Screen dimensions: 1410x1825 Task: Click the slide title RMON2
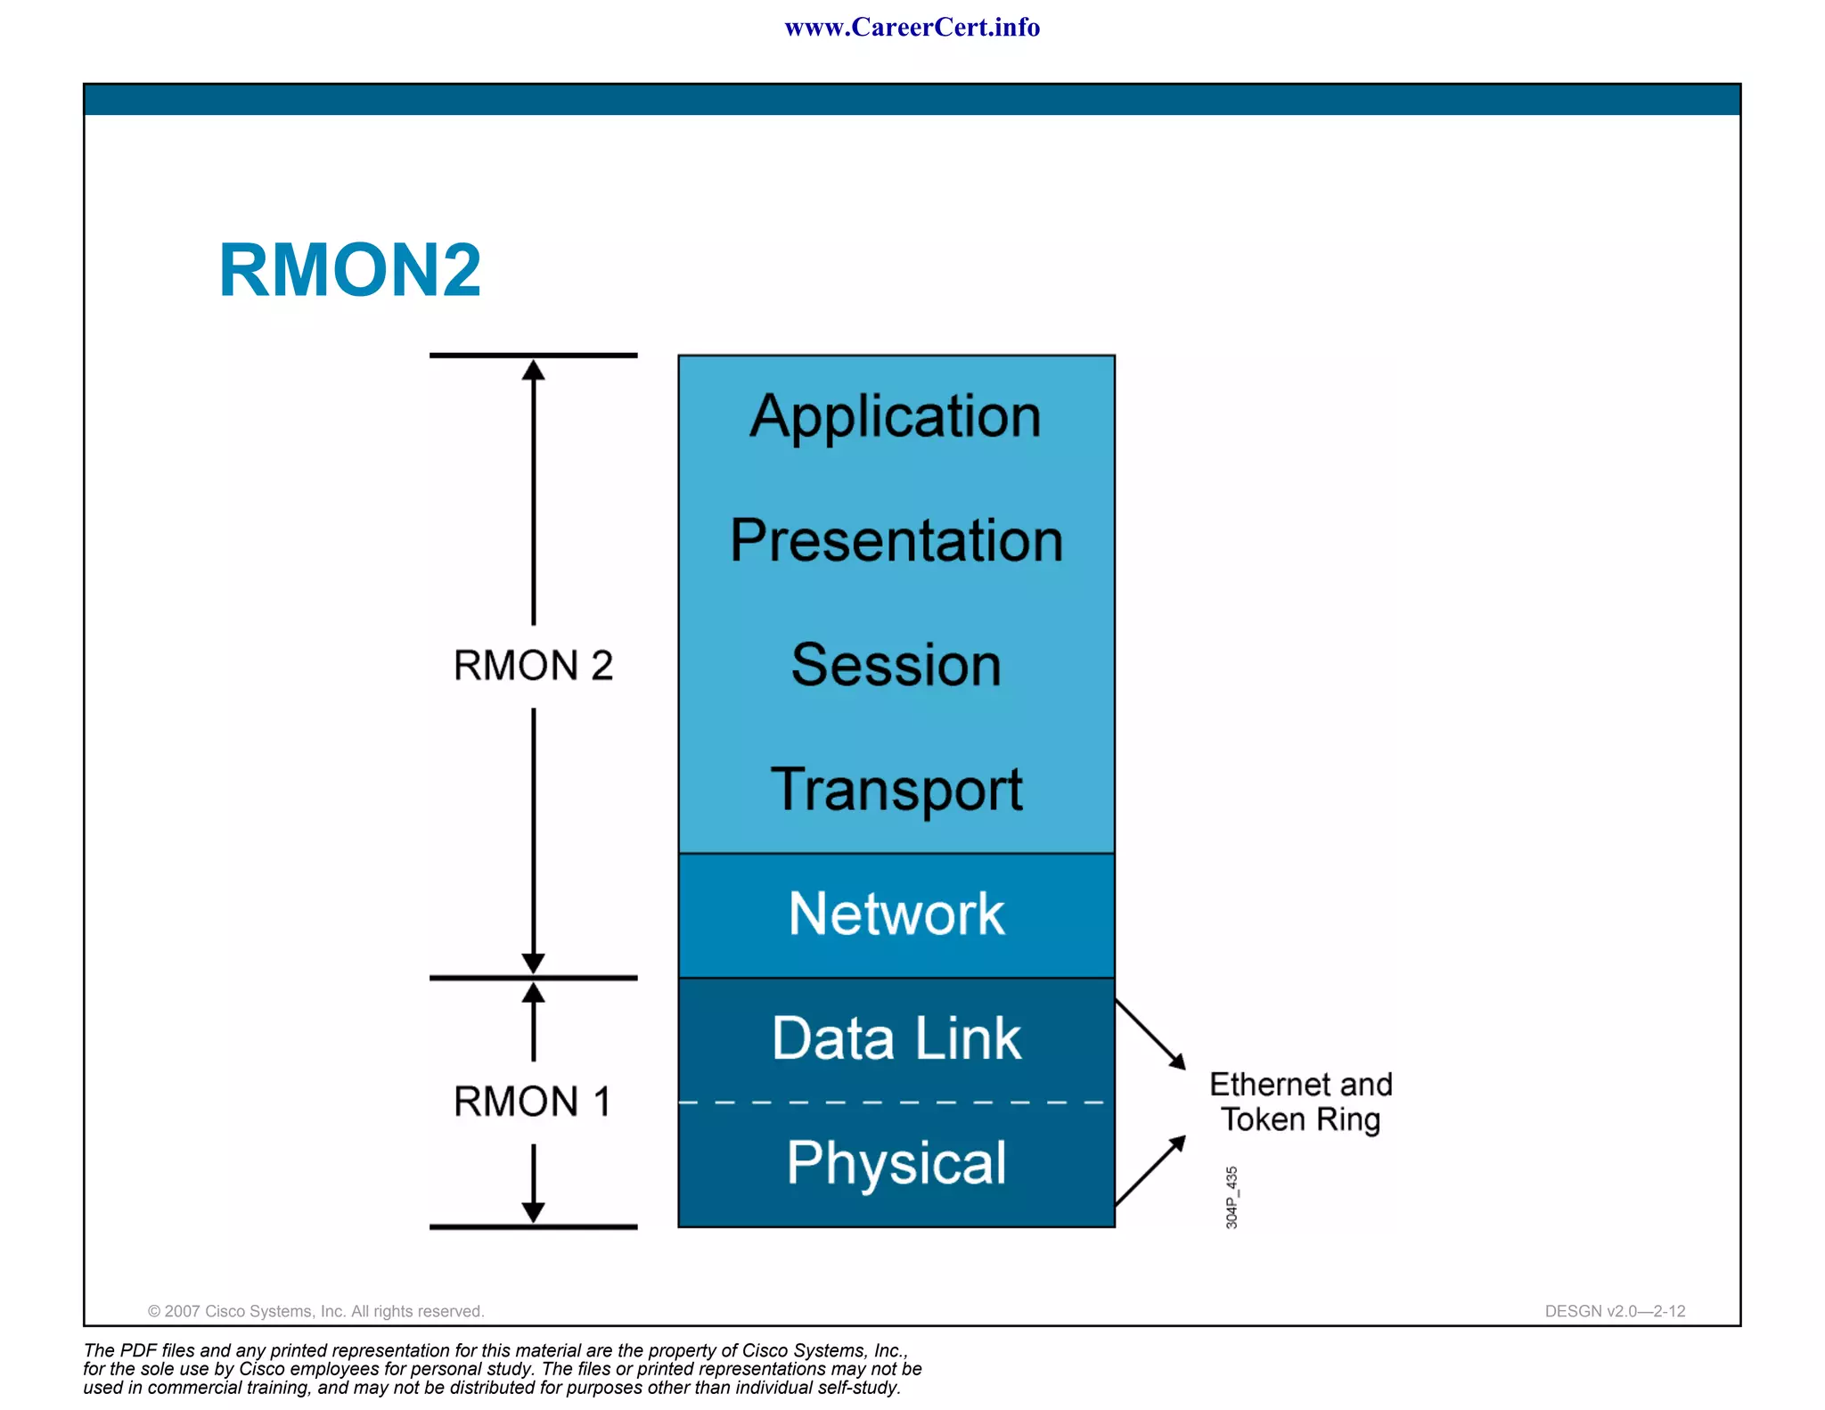coord(349,270)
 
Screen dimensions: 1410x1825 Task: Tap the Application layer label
coord(896,416)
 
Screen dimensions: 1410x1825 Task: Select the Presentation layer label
coord(896,540)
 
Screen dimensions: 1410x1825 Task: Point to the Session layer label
coord(896,665)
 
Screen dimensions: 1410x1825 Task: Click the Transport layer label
coord(896,790)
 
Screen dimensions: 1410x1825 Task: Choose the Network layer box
coord(896,914)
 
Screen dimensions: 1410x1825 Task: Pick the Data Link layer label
coord(896,1038)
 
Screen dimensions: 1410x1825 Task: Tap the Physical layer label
coord(896,1163)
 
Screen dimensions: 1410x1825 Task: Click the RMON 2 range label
coord(533,666)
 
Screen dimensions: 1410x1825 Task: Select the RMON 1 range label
coord(533,1102)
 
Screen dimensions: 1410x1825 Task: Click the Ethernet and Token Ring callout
coord(1300,1102)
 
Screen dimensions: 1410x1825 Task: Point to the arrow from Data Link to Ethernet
coord(1150,1034)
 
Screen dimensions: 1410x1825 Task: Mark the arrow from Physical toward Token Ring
coord(1150,1171)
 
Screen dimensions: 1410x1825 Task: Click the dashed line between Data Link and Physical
coord(891,1103)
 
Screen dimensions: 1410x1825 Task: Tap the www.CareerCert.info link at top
coord(912,28)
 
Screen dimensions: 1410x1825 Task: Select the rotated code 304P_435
coord(1232,1197)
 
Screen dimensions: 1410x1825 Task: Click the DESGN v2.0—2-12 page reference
coord(1615,1311)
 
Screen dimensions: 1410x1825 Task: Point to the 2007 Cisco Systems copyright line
coord(315,1311)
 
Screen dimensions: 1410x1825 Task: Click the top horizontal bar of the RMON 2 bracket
coord(533,356)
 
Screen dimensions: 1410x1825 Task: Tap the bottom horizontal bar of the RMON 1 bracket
coord(533,1227)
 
